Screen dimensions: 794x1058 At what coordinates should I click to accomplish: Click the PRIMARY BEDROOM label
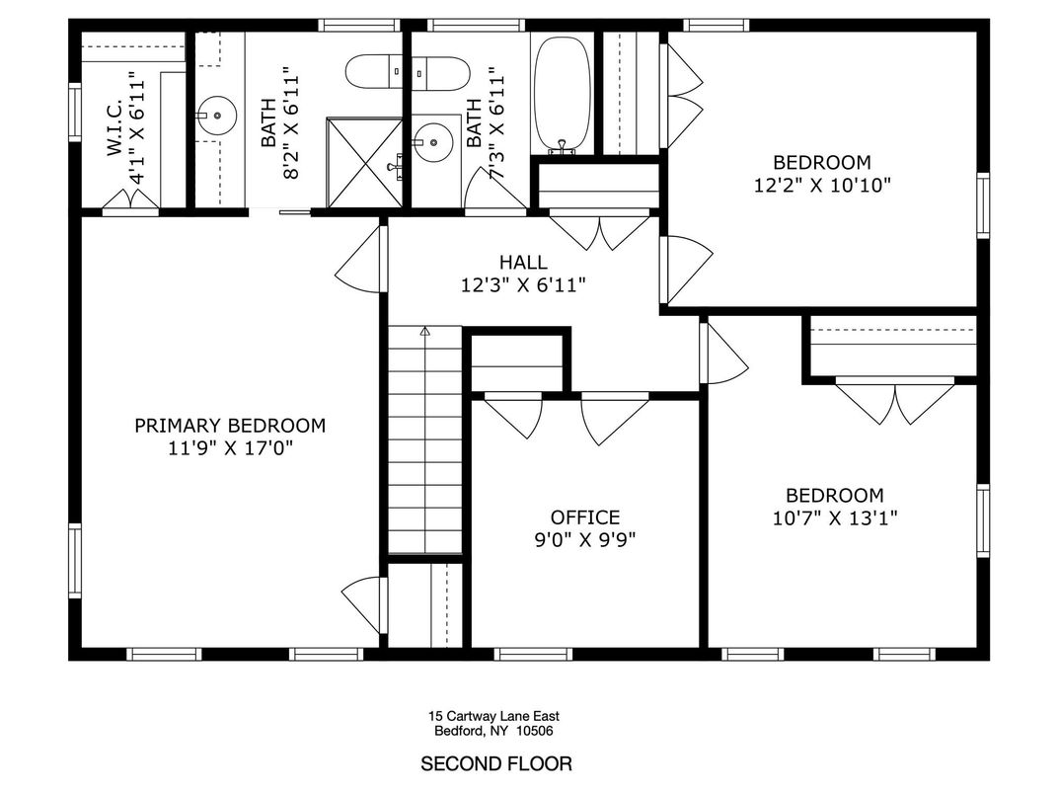coord(230,426)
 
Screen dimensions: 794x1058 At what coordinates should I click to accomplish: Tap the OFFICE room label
coord(585,517)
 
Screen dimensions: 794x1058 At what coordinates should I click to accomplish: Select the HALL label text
coord(523,263)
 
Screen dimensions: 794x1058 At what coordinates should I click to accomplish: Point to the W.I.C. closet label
coord(114,125)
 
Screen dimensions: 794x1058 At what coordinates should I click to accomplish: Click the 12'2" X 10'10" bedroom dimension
coord(821,185)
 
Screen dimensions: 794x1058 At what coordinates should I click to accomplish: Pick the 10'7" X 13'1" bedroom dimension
coord(834,517)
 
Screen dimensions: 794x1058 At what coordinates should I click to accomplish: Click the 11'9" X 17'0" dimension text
coord(230,448)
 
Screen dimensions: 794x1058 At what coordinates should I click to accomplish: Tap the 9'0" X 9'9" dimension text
coord(585,540)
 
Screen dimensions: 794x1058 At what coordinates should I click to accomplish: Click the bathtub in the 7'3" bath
coord(562,94)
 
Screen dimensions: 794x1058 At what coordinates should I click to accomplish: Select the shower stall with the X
coord(364,163)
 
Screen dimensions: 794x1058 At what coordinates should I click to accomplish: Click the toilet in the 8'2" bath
coord(374,71)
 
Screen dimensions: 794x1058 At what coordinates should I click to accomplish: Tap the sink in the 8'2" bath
coord(214,117)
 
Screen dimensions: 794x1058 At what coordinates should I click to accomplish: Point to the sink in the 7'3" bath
coord(432,142)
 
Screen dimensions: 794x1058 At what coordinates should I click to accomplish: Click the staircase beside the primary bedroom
coord(424,444)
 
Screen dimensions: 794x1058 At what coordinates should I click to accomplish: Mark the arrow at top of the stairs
coord(425,332)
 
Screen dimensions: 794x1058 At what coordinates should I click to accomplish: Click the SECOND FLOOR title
coord(496,763)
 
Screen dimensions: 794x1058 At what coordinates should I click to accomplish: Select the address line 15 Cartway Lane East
coord(494,716)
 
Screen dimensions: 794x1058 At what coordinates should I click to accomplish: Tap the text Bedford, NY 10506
coord(494,732)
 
